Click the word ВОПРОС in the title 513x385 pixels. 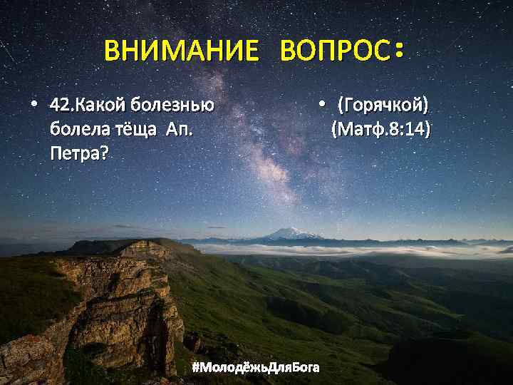334,51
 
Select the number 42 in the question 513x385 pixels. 60,106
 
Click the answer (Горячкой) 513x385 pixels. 383,106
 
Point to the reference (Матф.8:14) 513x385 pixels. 380,130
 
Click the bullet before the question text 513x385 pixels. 33,106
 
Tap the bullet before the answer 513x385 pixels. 322,106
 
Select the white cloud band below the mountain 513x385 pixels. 342,250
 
